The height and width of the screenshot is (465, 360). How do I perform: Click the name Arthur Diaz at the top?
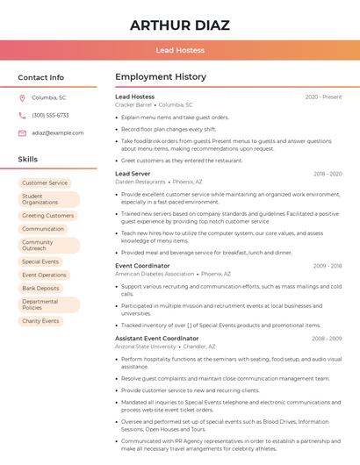[180, 25]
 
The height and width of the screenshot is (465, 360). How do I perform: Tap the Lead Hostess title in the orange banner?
[180, 50]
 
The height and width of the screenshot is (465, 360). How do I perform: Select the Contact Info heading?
[41, 77]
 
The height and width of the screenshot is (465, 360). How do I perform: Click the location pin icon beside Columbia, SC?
[22, 98]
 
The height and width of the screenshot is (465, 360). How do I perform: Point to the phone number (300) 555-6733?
[50, 115]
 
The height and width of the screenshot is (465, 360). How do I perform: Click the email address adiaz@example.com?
[57, 132]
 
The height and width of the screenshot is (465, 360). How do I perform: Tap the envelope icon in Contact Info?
[22, 132]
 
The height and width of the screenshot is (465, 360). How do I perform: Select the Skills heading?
[28, 160]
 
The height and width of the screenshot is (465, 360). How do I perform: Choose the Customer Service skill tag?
[45, 182]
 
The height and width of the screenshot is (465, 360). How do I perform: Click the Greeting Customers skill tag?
[47, 215]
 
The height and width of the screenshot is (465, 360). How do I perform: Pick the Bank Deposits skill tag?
[40, 288]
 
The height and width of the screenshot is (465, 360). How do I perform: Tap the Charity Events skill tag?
[40, 321]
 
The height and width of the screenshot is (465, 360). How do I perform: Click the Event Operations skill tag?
[44, 275]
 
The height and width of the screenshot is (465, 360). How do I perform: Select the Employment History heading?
[161, 77]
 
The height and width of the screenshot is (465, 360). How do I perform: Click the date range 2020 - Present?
[323, 97]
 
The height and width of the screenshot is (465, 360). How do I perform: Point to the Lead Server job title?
[133, 174]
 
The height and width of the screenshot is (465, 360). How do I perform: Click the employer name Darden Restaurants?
[140, 182]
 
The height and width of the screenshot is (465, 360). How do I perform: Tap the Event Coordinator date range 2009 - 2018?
[328, 265]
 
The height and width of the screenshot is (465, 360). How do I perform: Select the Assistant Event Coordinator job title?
[157, 338]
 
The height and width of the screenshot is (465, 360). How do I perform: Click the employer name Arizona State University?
[145, 347]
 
